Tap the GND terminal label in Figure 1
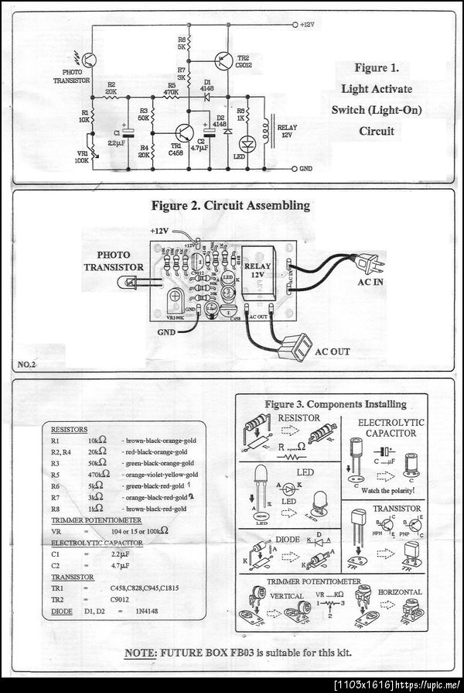[x=306, y=168]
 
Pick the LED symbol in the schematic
[x=247, y=144]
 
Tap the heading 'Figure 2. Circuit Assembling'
[x=230, y=206]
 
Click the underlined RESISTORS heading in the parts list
[x=69, y=429]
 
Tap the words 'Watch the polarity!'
[x=387, y=491]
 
